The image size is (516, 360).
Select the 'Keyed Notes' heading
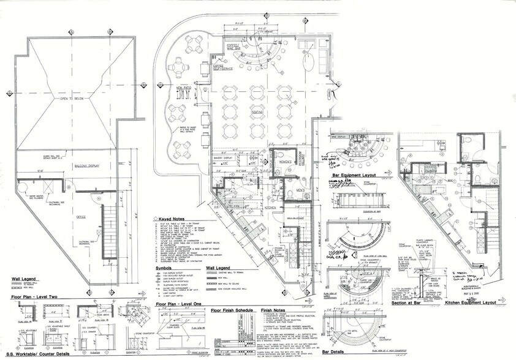point(175,219)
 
